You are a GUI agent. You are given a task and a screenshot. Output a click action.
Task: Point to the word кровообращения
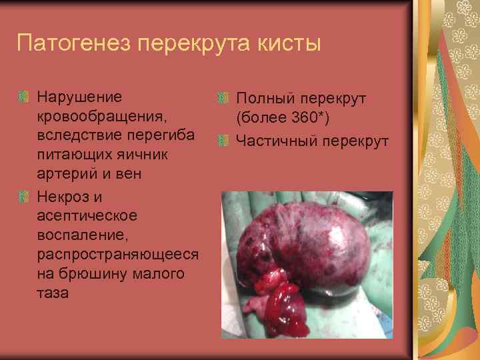click(x=103, y=117)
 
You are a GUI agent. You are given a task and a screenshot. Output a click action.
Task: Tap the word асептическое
click(x=87, y=215)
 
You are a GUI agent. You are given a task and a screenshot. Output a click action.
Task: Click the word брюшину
click(x=93, y=273)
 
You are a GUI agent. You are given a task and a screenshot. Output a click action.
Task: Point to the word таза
click(x=53, y=292)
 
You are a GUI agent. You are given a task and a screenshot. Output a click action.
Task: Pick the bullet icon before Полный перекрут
click(x=222, y=99)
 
